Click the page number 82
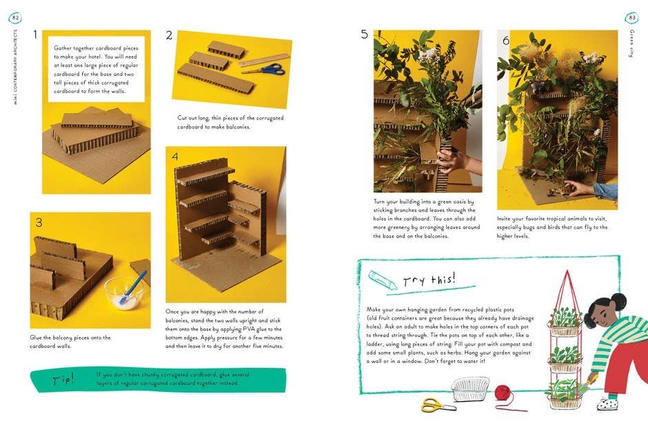(16, 17)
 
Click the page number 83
(631, 17)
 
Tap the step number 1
(36, 34)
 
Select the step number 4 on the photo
(175, 157)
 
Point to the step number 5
(365, 35)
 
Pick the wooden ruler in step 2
(264, 59)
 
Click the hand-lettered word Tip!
(63, 380)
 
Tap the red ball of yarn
(504, 393)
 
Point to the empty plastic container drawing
(471, 388)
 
